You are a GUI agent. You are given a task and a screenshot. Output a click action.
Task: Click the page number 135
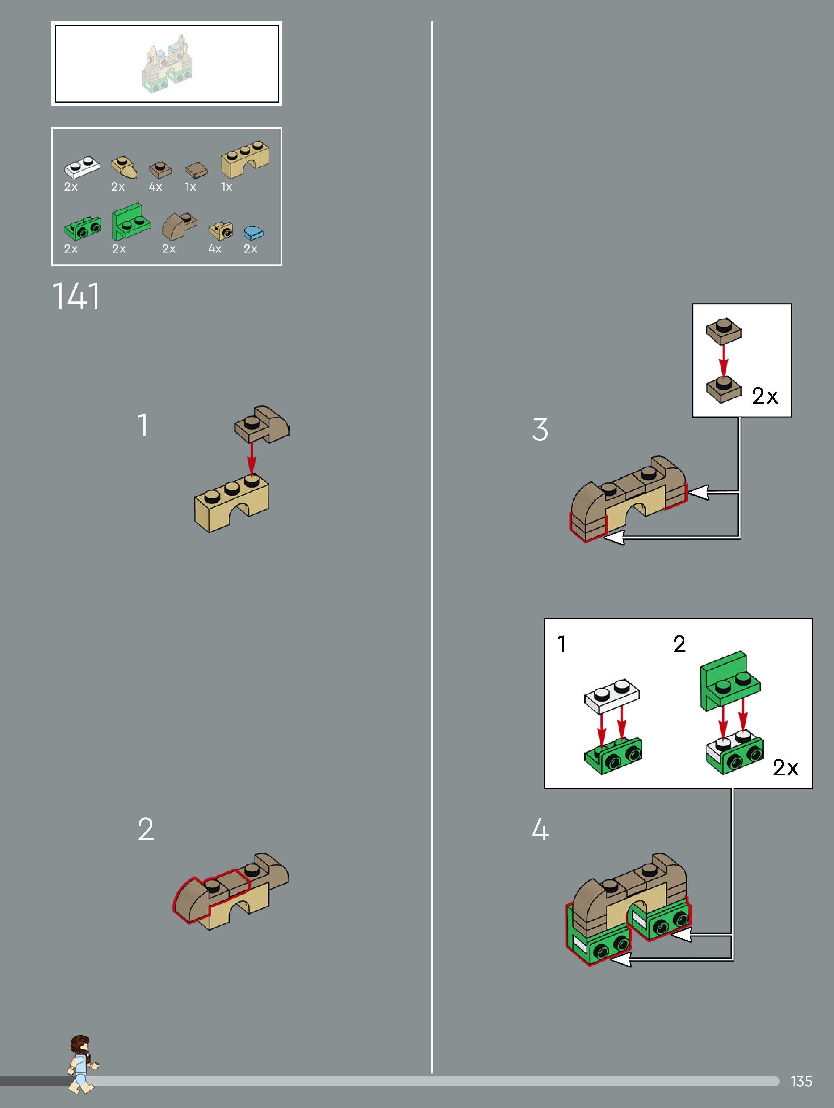pyautogui.click(x=801, y=1081)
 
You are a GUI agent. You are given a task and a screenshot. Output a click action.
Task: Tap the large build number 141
pyautogui.click(x=76, y=296)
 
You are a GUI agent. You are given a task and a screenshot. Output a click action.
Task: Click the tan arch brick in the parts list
pyautogui.click(x=245, y=159)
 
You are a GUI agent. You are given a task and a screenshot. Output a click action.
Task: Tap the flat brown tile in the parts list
pyautogui.click(x=196, y=170)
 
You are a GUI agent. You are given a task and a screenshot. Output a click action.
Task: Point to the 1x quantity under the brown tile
pyautogui.click(x=190, y=187)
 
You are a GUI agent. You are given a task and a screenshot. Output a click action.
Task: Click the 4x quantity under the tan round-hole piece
pyautogui.click(x=215, y=249)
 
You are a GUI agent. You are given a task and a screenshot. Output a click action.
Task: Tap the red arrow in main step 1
pyautogui.click(x=251, y=459)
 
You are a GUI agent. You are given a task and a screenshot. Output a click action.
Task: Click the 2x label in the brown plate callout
pyautogui.click(x=765, y=396)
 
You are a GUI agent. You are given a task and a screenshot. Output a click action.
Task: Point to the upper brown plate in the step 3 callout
pyautogui.click(x=724, y=331)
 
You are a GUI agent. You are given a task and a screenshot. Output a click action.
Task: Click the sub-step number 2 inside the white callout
pyautogui.click(x=679, y=644)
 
